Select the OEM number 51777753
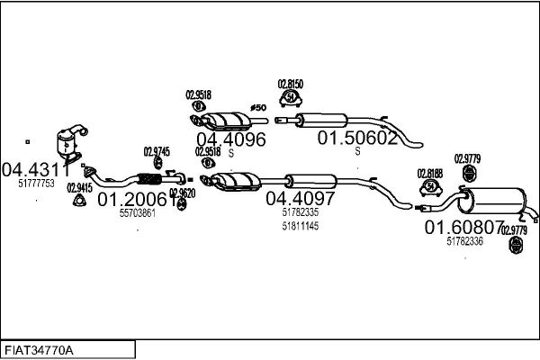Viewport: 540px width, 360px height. pos(36,183)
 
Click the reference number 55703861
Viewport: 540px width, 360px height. pos(138,213)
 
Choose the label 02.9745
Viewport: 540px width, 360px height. pos(156,151)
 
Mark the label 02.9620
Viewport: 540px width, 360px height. pos(182,192)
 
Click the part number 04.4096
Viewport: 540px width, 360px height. pos(231,139)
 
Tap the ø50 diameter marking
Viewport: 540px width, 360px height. pos(258,109)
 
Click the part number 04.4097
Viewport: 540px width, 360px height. pos(300,198)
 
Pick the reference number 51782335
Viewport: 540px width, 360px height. pos(300,212)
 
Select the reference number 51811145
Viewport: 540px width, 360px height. pos(300,226)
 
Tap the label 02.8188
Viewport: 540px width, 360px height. pos(429,173)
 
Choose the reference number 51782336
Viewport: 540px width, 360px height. pos(464,241)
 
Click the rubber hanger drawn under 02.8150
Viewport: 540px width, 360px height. pos(291,96)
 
